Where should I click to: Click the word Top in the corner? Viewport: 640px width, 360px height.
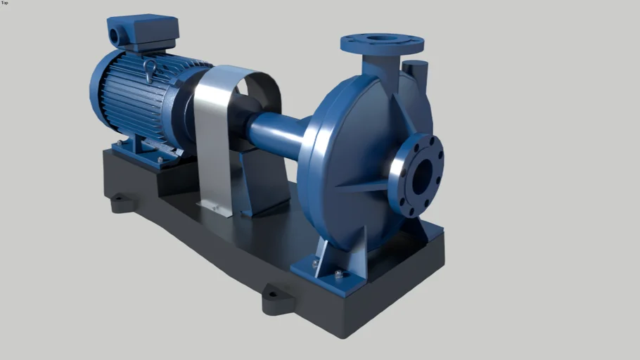(5, 3)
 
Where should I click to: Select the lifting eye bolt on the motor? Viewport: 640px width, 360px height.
(149, 68)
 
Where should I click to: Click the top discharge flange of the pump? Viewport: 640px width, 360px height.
(382, 44)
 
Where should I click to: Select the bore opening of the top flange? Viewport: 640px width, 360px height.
(380, 39)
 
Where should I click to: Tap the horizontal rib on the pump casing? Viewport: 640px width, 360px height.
(362, 186)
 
